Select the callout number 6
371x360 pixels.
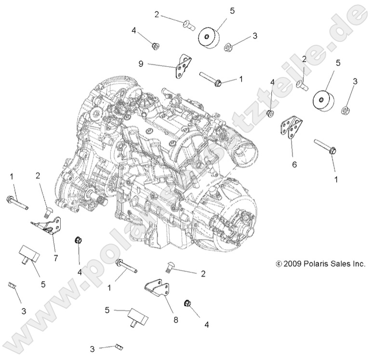(x=294, y=164)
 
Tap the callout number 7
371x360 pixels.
(x=56, y=258)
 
